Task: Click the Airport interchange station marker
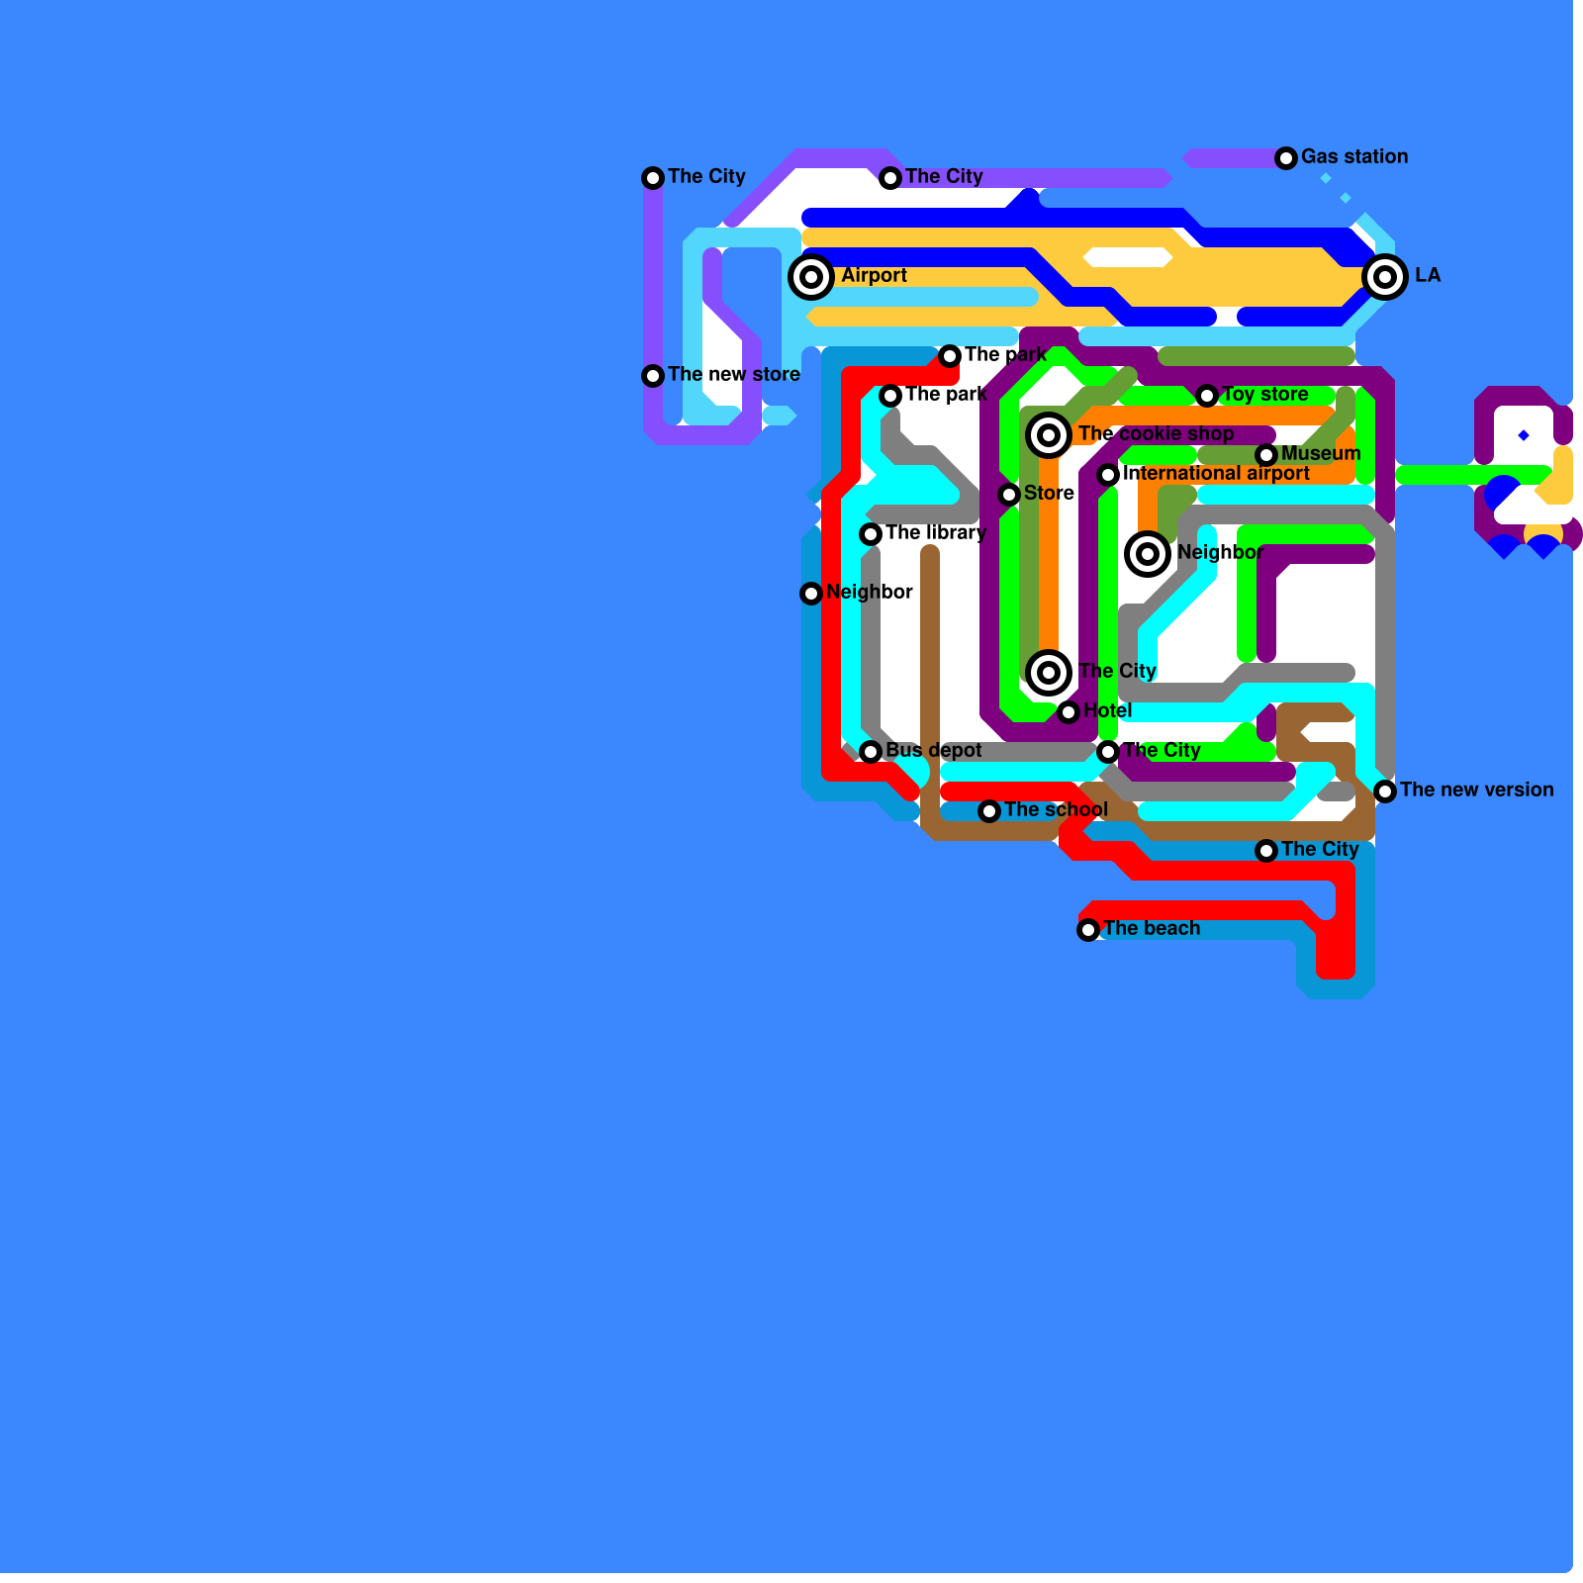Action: (811, 277)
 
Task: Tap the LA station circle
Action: (1385, 277)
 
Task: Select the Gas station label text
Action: (1353, 156)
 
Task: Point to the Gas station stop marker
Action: (1286, 158)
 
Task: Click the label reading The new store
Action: (733, 374)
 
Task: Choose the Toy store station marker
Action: (1207, 396)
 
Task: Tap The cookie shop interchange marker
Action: (1049, 435)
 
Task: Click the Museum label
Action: (1321, 453)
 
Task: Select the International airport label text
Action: (1216, 473)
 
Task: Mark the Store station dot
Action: (1009, 495)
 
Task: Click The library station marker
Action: (871, 534)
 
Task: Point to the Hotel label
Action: (1107, 710)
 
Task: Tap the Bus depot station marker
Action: (871, 752)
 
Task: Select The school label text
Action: (1056, 809)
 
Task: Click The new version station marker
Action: (1385, 791)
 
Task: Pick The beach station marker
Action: (1088, 930)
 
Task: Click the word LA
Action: (1428, 275)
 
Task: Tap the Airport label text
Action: (874, 275)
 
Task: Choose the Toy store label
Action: (1264, 394)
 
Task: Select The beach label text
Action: (1152, 928)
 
